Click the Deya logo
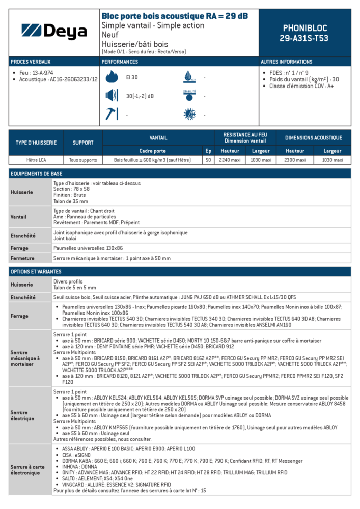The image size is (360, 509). pyautogui.click(x=54, y=32)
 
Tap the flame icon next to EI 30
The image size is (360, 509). pyautogui.click(x=111, y=77)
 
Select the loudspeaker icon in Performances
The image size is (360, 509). pyautogui.click(x=111, y=96)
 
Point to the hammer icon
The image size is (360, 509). pyautogui.click(x=111, y=115)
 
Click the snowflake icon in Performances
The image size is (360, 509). pyautogui.click(x=189, y=115)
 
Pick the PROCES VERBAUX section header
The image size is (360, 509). pyautogui.click(x=31, y=62)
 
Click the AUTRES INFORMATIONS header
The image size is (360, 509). pyautogui.click(x=287, y=62)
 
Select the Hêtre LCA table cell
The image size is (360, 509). pyautogui.click(x=36, y=160)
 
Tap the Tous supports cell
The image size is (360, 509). pyautogui.click(x=83, y=160)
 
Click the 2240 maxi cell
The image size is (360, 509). pyautogui.click(x=230, y=160)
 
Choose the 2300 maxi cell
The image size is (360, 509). pyautogui.click(x=295, y=160)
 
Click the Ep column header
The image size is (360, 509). pyautogui.click(x=208, y=151)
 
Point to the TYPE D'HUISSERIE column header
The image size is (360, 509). pyautogui.click(x=36, y=143)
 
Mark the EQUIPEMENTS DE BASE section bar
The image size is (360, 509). pyautogui.click(x=179, y=174)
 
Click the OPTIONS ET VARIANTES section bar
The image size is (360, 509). pyautogui.click(x=179, y=272)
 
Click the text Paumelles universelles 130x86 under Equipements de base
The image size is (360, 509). pyautogui.click(x=88, y=248)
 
